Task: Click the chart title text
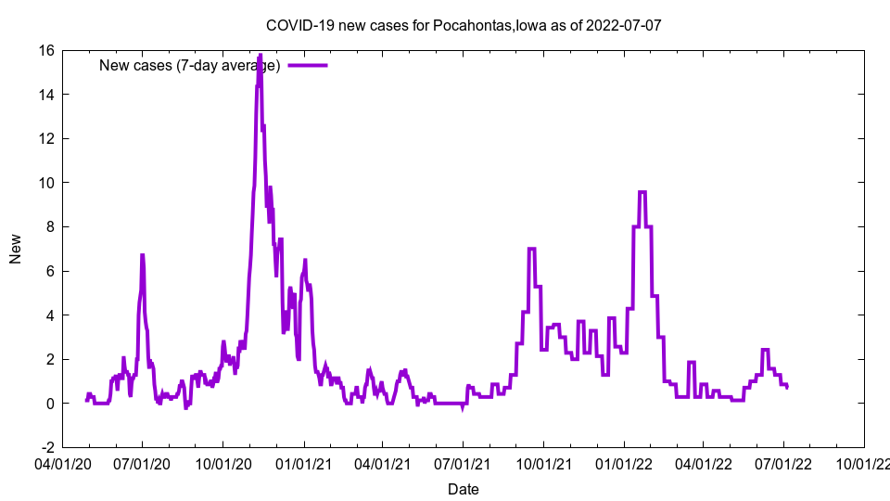(x=464, y=25)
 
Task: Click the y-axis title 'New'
(x=16, y=249)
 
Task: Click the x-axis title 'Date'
(x=464, y=489)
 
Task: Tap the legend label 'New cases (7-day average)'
(x=189, y=65)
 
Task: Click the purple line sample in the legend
(x=308, y=65)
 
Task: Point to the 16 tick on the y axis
(x=45, y=50)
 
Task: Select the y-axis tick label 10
(x=45, y=183)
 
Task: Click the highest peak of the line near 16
(x=260, y=56)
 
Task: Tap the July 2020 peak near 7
(x=142, y=255)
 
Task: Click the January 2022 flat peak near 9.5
(x=642, y=192)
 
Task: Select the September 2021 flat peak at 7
(x=532, y=249)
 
